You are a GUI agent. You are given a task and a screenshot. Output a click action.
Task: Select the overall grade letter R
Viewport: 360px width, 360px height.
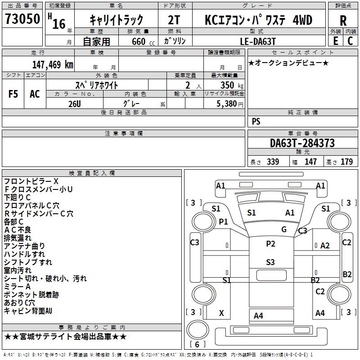[x=343, y=20]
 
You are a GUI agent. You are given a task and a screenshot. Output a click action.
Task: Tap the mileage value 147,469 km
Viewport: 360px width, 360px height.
[x=53, y=64]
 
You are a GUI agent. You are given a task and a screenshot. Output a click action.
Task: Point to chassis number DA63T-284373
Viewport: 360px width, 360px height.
[x=302, y=143]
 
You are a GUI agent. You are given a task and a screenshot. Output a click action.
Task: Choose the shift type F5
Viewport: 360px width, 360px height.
[x=13, y=94]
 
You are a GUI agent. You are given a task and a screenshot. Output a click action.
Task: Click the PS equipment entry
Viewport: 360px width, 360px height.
[x=256, y=121]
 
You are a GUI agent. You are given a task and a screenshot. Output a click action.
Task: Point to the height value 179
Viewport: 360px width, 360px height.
[x=346, y=162]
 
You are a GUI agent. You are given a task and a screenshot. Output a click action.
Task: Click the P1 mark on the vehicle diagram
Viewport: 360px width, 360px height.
[x=223, y=221]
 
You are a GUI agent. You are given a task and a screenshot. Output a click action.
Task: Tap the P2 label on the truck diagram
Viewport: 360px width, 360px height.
[x=270, y=244]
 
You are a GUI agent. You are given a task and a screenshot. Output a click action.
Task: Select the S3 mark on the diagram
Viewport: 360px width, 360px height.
[x=270, y=262]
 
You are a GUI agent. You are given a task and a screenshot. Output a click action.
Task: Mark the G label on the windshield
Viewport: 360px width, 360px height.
[x=283, y=229]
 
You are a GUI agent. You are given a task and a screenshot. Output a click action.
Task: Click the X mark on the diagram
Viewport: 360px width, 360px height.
[x=221, y=313]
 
